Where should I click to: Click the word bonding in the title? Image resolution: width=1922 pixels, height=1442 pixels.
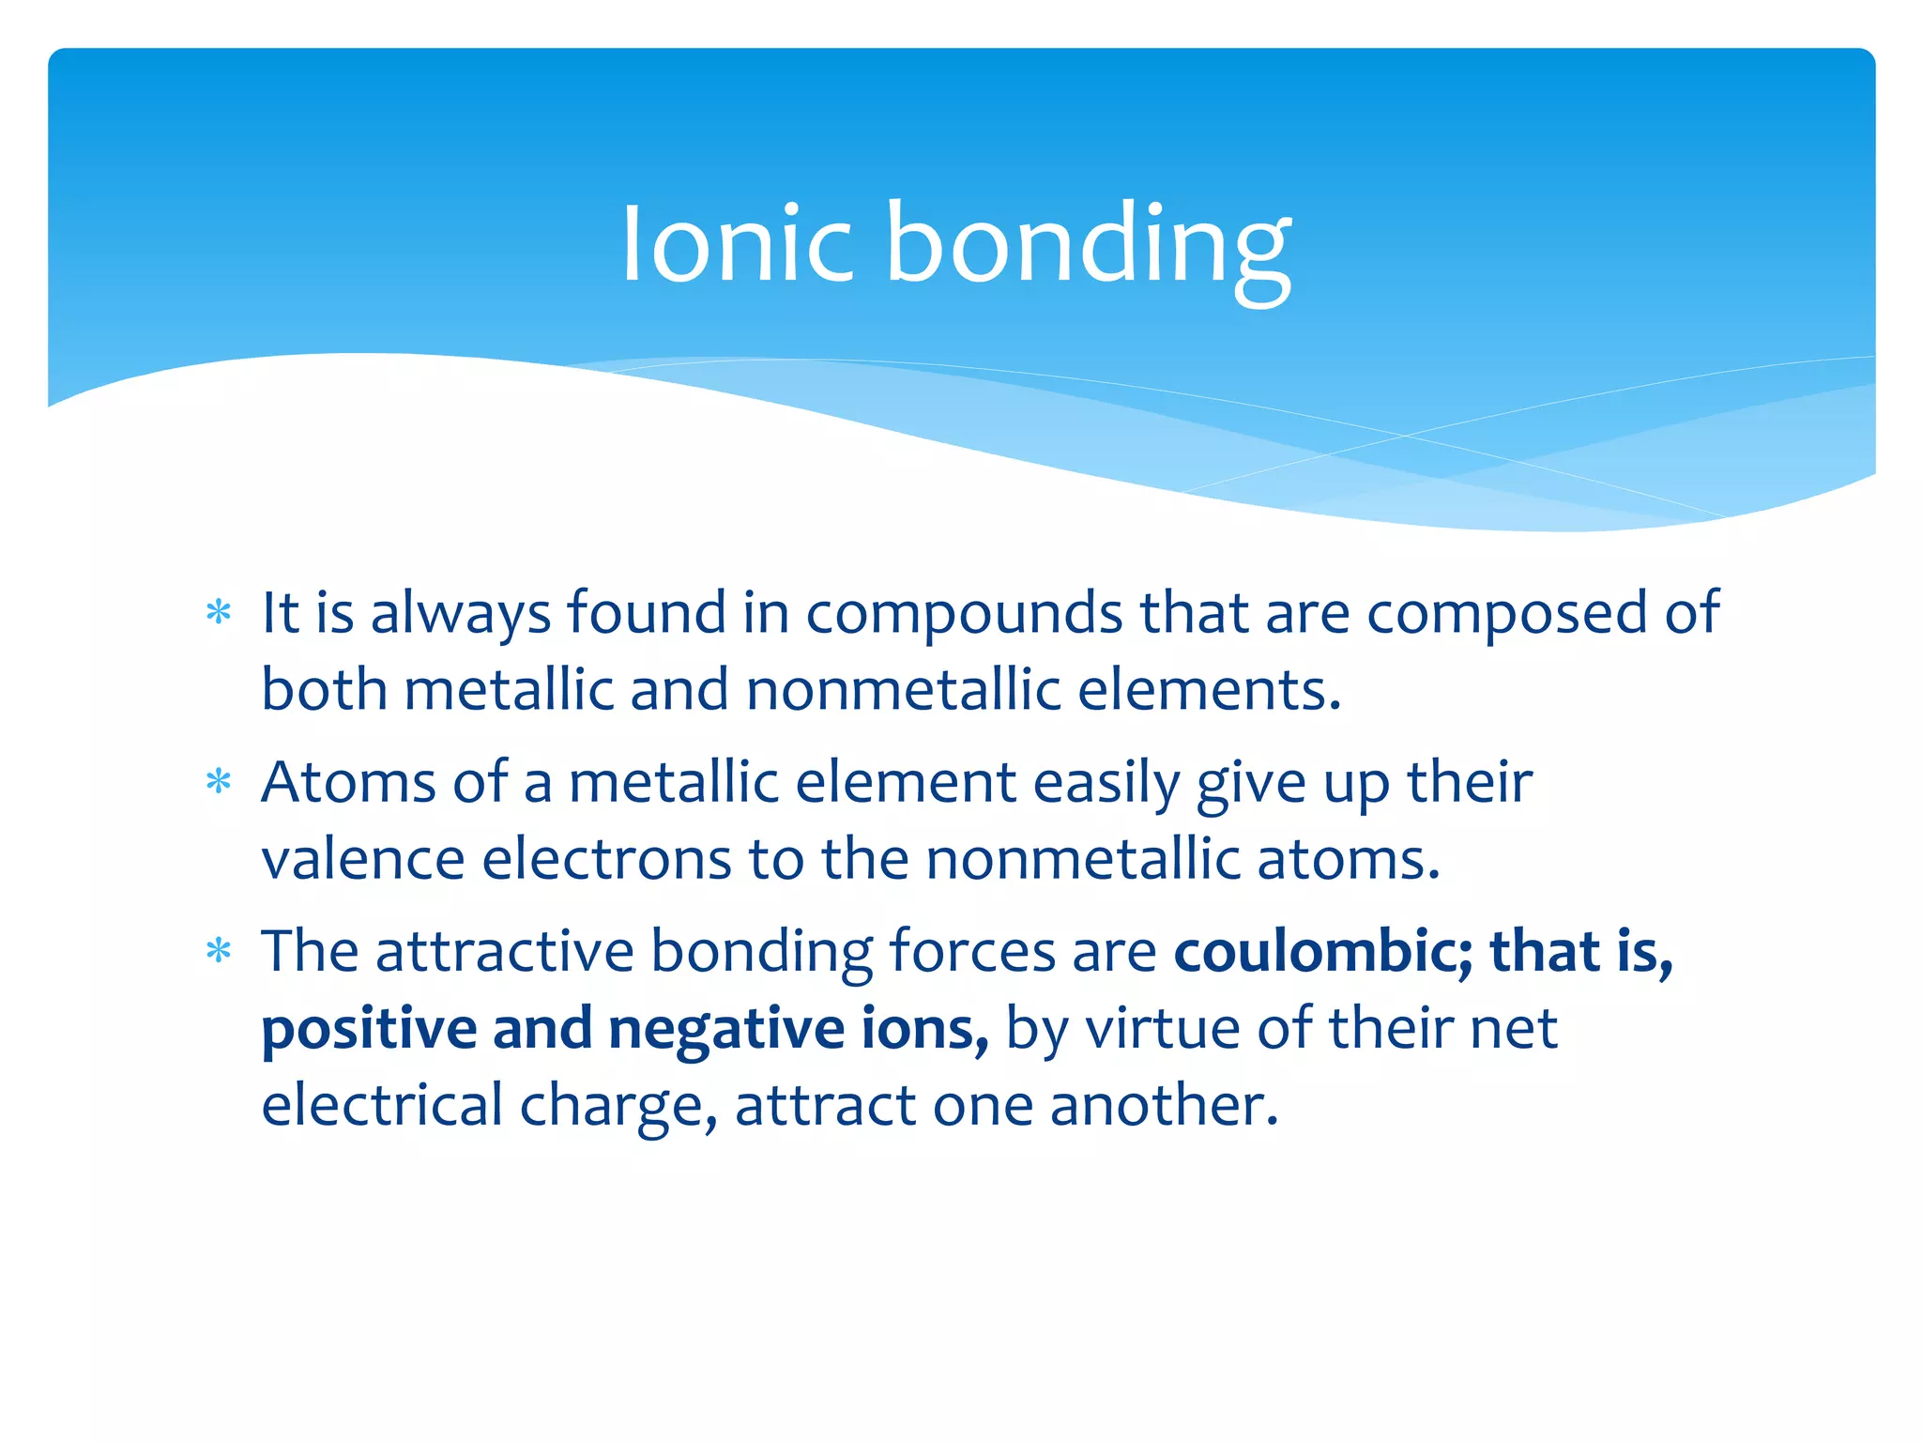click(x=1089, y=246)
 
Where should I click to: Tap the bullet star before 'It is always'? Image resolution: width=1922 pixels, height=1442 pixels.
click(x=219, y=613)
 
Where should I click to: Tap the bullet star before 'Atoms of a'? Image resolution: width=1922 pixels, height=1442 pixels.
click(x=219, y=782)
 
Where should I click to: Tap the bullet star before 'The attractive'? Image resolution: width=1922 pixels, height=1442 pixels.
click(x=219, y=952)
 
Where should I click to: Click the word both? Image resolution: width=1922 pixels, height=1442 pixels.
click(x=324, y=690)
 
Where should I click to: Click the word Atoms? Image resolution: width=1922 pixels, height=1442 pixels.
click(x=348, y=782)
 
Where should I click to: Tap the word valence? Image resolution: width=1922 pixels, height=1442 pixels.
click(x=362, y=859)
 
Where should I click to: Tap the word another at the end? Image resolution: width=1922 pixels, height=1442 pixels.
click(x=1163, y=1105)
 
